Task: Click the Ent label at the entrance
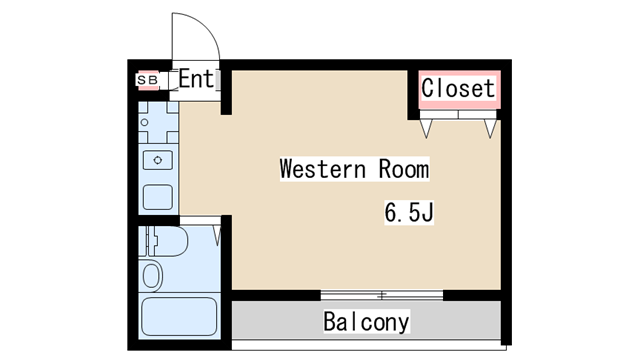tap(196, 79)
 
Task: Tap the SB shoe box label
tap(147, 80)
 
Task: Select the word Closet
tap(458, 88)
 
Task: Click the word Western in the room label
tap(322, 169)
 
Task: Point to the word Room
tap(404, 169)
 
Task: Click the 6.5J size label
tap(409, 212)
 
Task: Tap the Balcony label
tap(366, 322)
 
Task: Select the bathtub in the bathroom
tap(179, 317)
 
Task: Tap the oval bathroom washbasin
tap(151, 276)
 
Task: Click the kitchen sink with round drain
tap(158, 160)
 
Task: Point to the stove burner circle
tap(144, 122)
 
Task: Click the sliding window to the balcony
tap(382, 295)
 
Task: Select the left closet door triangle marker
tap(426, 129)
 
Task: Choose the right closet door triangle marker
tap(490, 129)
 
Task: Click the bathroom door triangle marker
tap(217, 235)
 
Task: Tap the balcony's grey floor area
tap(366, 320)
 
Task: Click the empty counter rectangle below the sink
tap(158, 197)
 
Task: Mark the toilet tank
tap(146, 241)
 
